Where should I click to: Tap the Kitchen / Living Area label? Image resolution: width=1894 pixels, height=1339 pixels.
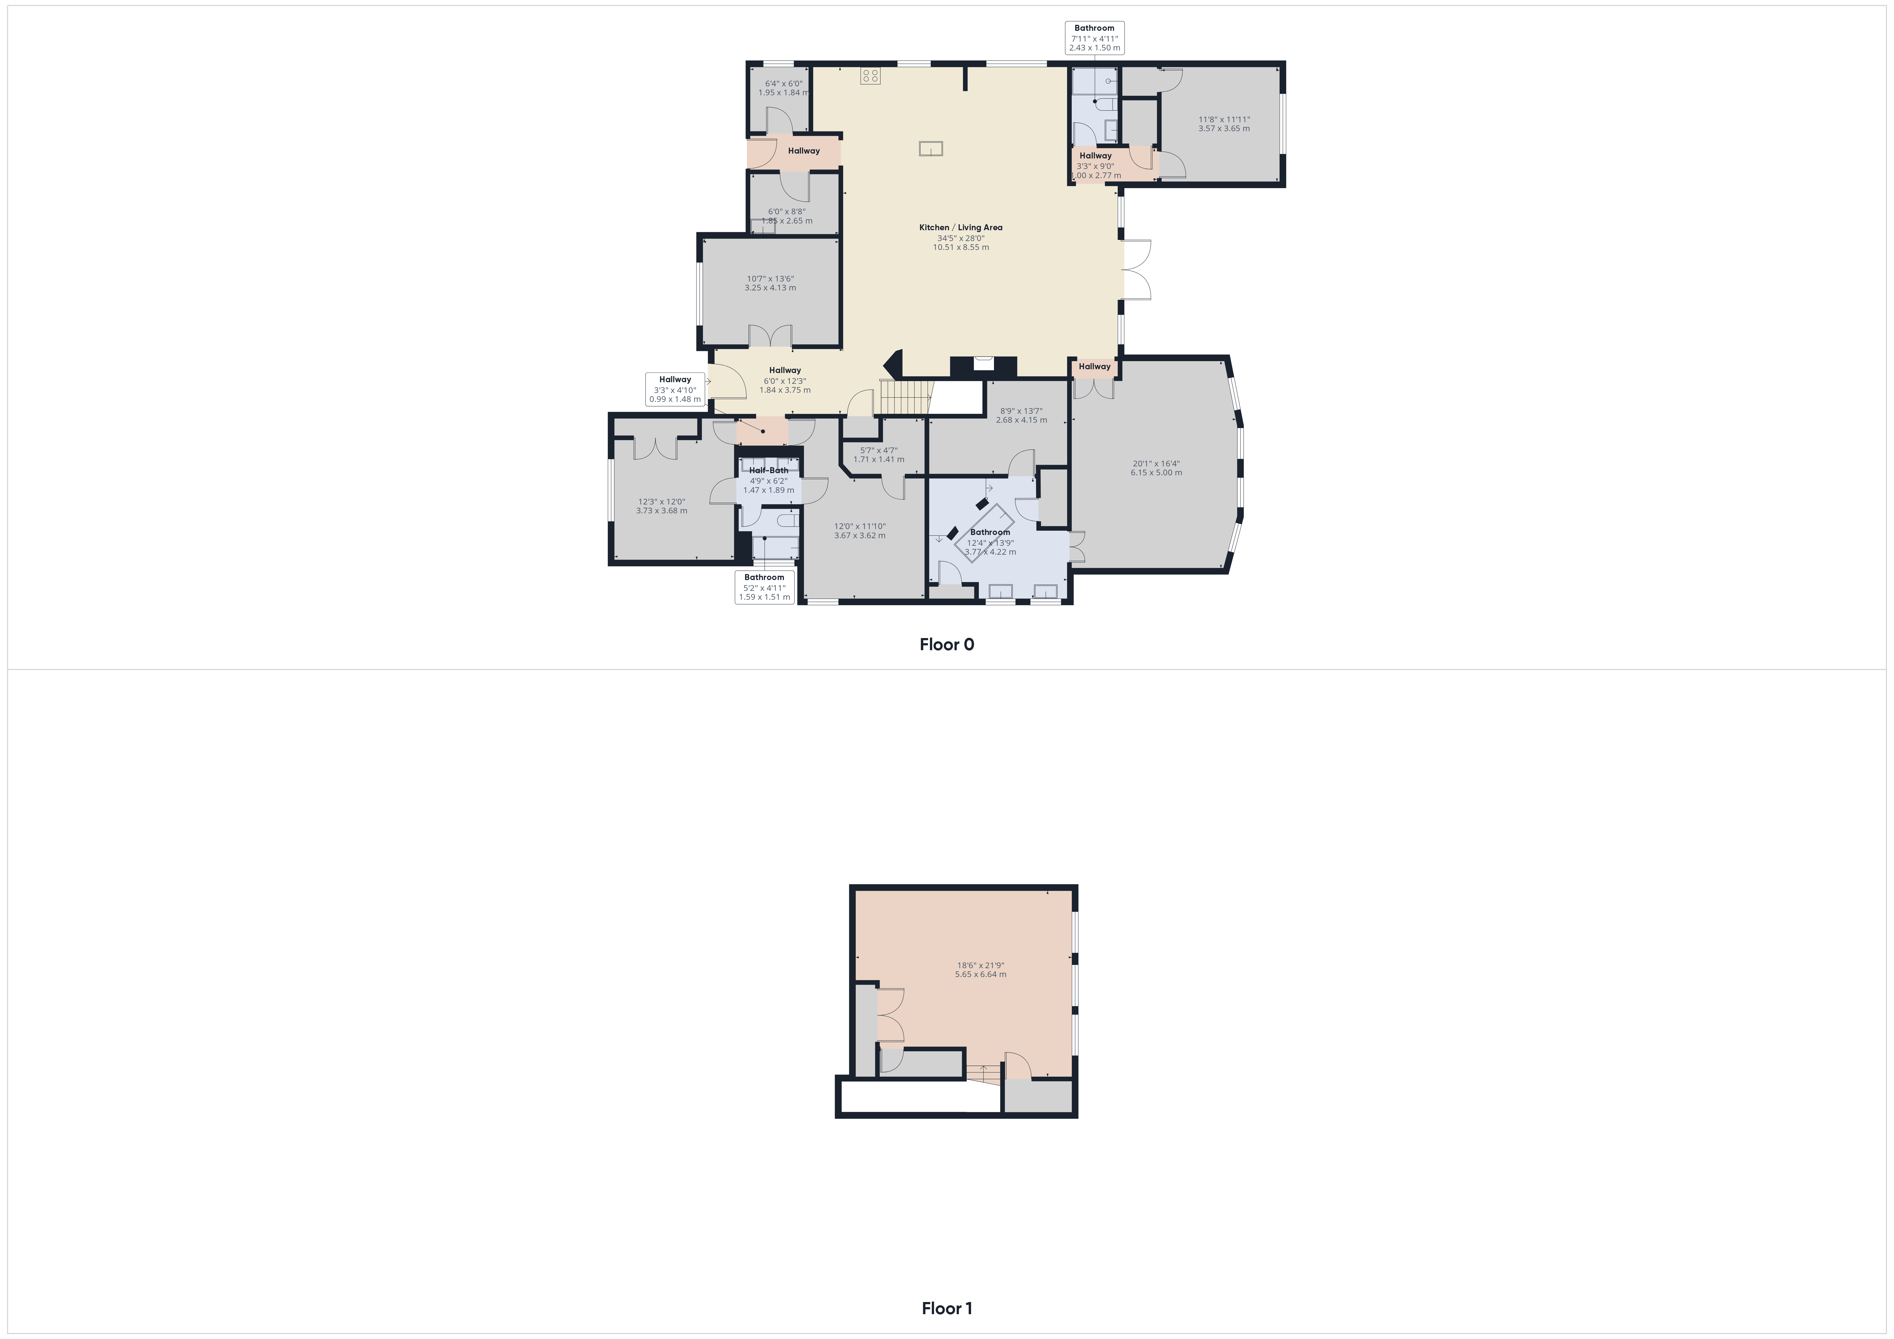pos(961,228)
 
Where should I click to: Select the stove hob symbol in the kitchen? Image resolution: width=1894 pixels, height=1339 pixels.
pos(870,76)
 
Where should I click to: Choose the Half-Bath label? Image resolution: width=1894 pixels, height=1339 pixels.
pos(768,470)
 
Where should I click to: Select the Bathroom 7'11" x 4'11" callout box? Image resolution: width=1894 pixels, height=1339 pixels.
pos(1095,38)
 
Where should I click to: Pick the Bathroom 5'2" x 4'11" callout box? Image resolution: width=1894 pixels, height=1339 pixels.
pos(765,587)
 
